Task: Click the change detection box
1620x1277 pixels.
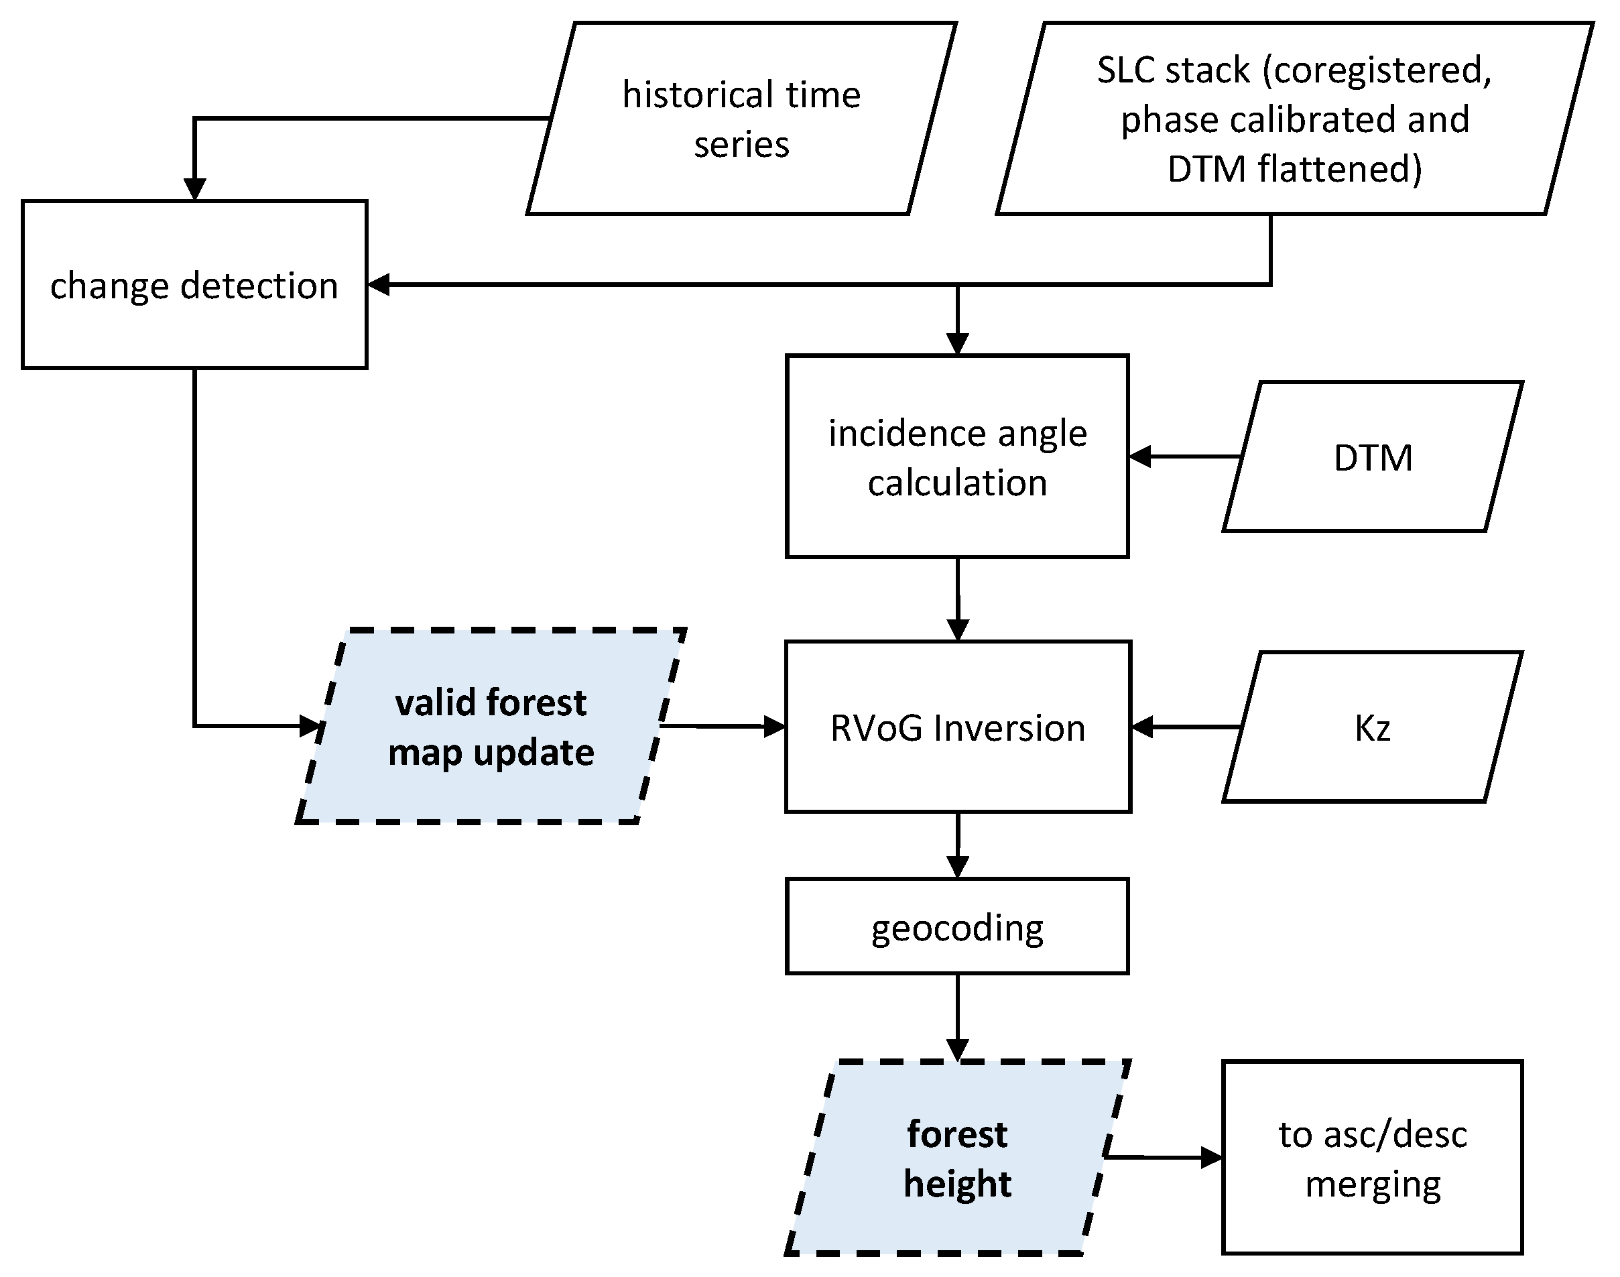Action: pyautogui.click(x=194, y=285)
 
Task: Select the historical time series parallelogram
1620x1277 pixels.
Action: pyautogui.click(x=741, y=118)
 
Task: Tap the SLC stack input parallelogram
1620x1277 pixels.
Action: pyautogui.click(x=1294, y=118)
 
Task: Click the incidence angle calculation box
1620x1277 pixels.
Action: pyautogui.click(x=957, y=457)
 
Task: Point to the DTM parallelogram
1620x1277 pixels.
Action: pyautogui.click(x=1373, y=457)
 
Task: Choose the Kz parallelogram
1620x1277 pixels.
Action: pyautogui.click(x=1373, y=727)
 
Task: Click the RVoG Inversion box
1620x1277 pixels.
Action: pyautogui.click(x=957, y=727)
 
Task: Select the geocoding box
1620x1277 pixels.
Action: pyautogui.click(x=957, y=927)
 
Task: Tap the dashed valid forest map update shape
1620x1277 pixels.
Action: pyautogui.click(x=491, y=726)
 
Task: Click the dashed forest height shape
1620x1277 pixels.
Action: pyautogui.click(x=957, y=1158)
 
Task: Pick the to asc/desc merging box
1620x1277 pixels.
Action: pyautogui.click(x=1373, y=1158)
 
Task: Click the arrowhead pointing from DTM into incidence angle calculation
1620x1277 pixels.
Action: pyautogui.click(x=1139, y=456)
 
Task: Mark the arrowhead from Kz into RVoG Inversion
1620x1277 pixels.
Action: pyautogui.click(x=1141, y=726)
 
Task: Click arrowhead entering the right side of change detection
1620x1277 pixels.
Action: pyautogui.click(x=378, y=284)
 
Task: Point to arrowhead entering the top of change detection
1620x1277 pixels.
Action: pyautogui.click(x=194, y=190)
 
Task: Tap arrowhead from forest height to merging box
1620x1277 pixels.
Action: pyautogui.click(x=1212, y=1158)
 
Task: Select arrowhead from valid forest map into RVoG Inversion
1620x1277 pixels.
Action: pyautogui.click(x=775, y=726)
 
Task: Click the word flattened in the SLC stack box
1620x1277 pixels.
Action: pyautogui.click(x=1340, y=169)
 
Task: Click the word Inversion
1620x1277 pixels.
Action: pyautogui.click(x=1009, y=728)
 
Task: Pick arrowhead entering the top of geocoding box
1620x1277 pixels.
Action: pyautogui.click(x=957, y=867)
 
